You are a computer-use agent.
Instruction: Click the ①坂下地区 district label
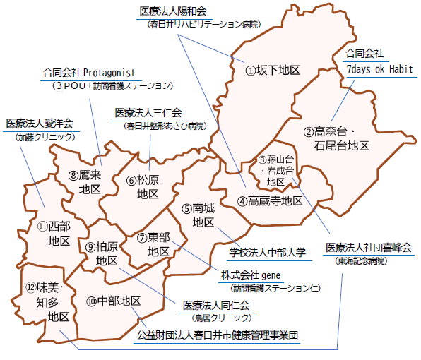pyautogui.click(x=273, y=70)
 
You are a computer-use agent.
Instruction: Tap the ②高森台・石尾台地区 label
pyautogui.click(x=337, y=138)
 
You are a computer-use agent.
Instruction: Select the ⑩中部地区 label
pyautogui.click(x=114, y=301)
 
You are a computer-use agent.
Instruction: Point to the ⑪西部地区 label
pyautogui.click(x=54, y=234)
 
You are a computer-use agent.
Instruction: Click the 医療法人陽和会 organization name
pyautogui.click(x=173, y=11)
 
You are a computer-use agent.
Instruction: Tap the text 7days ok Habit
pyautogui.click(x=379, y=69)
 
